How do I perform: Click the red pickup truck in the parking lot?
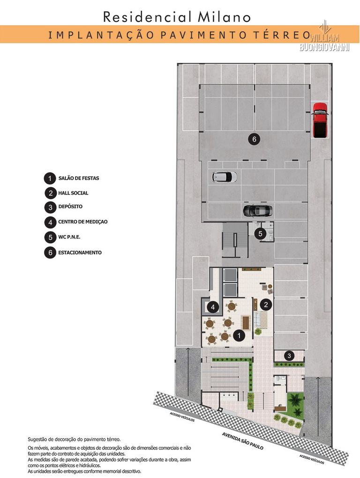(x=320, y=120)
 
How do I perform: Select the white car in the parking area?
(x=225, y=177)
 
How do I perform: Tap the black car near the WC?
(x=257, y=211)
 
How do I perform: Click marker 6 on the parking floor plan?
(x=253, y=139)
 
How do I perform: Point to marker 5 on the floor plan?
(x=260, y=233)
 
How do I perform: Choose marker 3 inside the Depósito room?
(x=289, y=356)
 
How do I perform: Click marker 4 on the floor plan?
(x=213, y=307)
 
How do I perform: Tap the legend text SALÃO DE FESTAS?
(x=79, y=178)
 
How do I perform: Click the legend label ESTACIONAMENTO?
(x=80, y=252)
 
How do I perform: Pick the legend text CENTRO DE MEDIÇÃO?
(x=82, y=221)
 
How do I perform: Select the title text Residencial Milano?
(x=177, y=17)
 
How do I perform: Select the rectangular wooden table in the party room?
(x=246, y=322)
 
